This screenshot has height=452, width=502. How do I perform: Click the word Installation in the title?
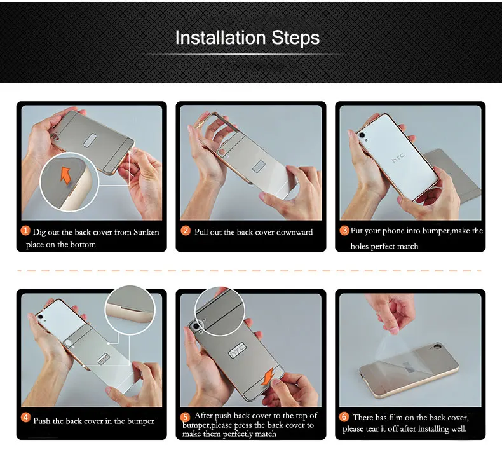tap(220, 38)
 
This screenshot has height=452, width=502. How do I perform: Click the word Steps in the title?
tap(295, 38)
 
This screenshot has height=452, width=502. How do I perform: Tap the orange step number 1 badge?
tap(25, 231)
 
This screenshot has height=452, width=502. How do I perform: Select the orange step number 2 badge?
tap(186, 231)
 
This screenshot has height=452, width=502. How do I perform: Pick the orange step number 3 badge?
tap(344, 231)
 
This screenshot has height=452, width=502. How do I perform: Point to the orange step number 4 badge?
tap(25, 418)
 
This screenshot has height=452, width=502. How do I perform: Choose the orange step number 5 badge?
tap(185, 417)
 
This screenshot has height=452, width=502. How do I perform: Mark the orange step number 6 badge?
tap(344, 417)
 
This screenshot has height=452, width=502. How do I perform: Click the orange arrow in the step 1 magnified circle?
tap(65, 175)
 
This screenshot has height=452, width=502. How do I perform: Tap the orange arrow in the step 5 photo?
tap(268, 377)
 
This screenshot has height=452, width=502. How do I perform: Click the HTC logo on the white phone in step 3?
tap(398, 158)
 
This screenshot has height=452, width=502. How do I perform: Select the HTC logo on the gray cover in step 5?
tap(238, 350)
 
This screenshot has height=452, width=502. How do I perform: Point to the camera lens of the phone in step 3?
tap(362, 135)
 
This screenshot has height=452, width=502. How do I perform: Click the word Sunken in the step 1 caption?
tap(146, 232)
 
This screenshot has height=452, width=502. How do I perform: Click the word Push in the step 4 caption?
tap(41, 421)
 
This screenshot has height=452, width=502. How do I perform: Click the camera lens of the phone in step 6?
tap(438, 346)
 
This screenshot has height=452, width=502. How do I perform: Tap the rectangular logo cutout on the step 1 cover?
tap(90, 140)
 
